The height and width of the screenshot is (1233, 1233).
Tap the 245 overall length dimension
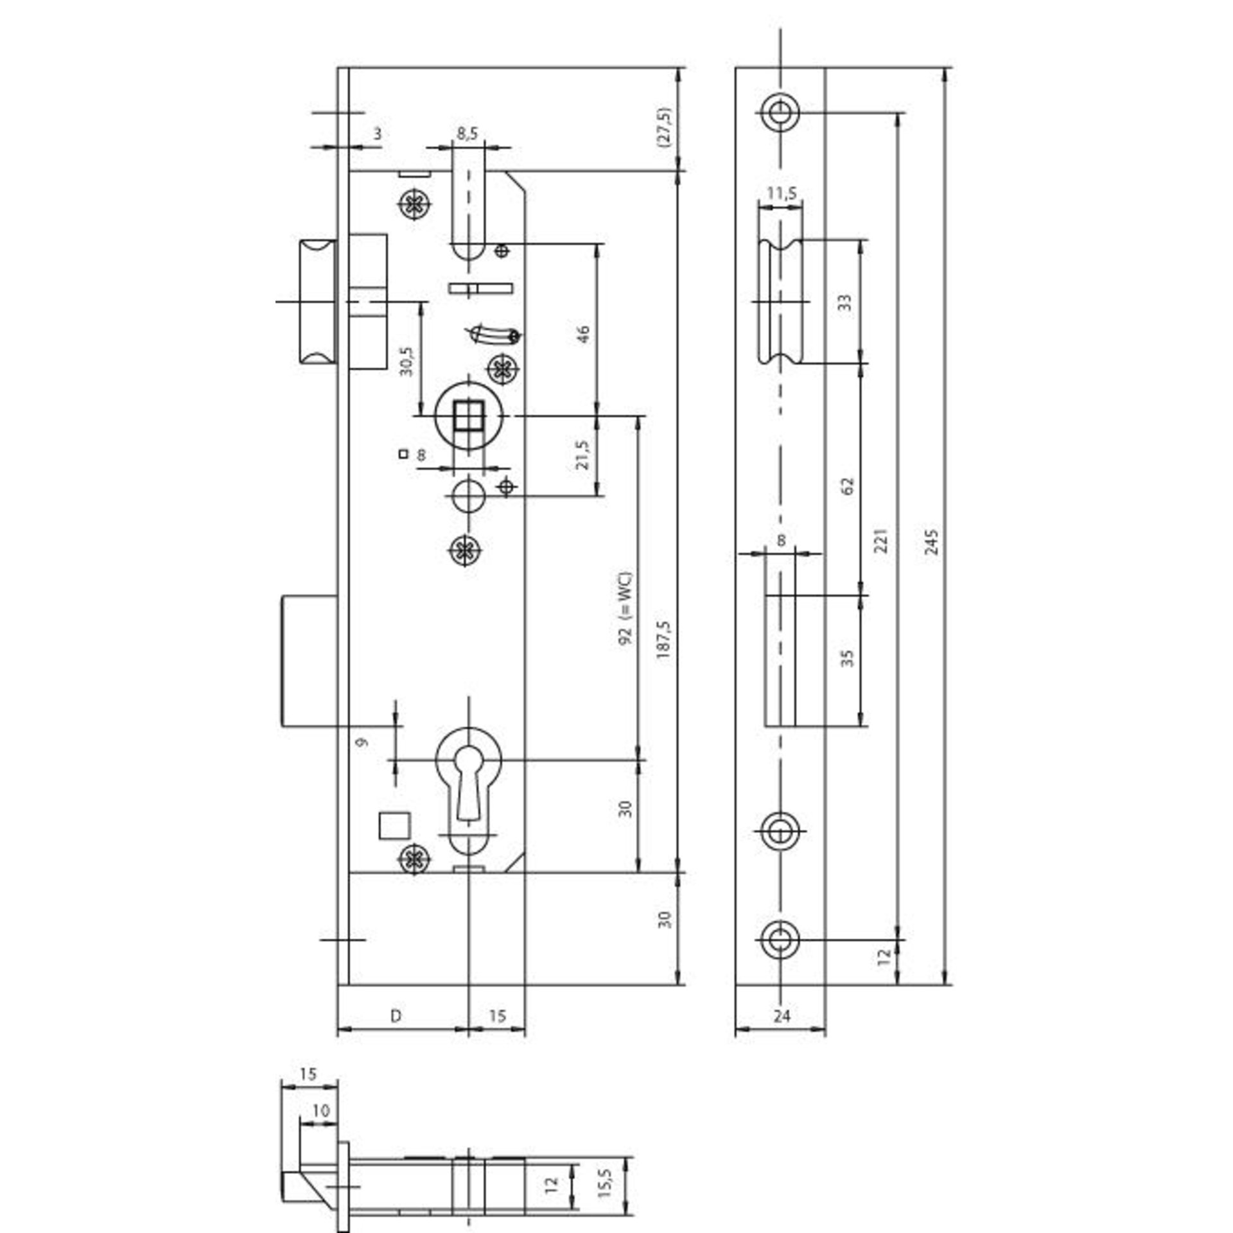point(933,540)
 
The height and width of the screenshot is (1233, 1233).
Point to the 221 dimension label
point(881,540)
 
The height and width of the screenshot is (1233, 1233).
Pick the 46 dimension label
point(583,335)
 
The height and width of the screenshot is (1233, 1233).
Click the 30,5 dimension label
point(407,361)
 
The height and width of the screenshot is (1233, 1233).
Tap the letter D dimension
point(396,1015)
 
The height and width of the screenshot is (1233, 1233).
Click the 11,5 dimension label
point(782,192)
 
